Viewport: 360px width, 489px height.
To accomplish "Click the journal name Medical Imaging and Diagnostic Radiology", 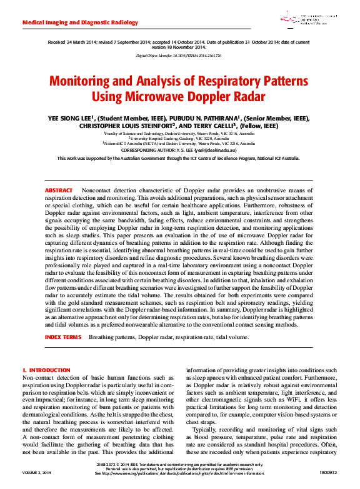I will coord(80,22).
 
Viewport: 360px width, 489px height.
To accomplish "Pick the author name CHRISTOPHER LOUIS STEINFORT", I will coord(132,126).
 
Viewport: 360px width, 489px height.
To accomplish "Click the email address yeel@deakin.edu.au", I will coord(221,150).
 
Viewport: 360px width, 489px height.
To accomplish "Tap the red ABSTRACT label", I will coord(59,190).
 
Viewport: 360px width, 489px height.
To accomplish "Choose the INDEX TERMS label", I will coord(62,337).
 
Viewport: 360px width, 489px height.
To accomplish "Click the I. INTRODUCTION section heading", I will coord(46,370).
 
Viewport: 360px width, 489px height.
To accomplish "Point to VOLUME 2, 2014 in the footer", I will coord(37,473).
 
